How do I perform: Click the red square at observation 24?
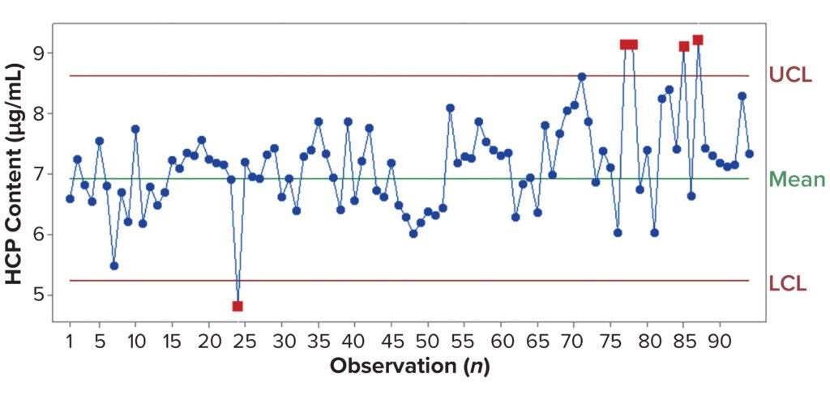[237, 306]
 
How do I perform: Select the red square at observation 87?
[698, 40]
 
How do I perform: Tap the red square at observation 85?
[684, 46]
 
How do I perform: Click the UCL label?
[790, 76]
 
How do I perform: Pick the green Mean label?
[797, 179]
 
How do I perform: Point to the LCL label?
[788, 282]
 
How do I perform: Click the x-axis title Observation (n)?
[409, 366]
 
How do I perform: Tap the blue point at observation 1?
[70, 198]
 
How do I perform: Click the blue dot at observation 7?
[114, 265]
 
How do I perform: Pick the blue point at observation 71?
[582, 77]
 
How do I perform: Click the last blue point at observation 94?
[750, 154]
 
